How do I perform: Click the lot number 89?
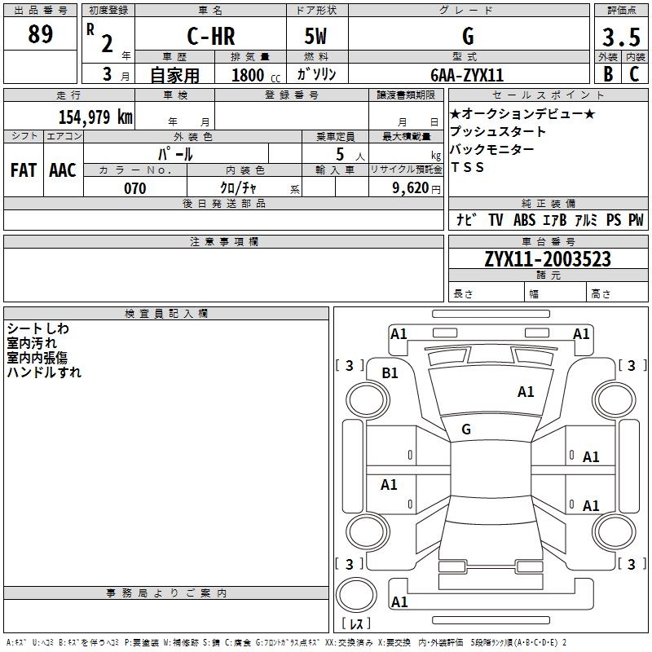click(40, 33)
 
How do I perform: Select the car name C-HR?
click(211, 36)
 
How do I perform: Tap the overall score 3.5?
click(621, 37)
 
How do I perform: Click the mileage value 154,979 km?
click(95, 117)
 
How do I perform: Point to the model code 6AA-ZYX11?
click(467, 75)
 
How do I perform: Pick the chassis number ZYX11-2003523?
click(548, 259)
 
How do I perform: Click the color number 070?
click(135, 188)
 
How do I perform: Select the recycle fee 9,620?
click(410, 188)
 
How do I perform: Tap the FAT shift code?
click(24, 170)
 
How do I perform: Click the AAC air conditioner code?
click(63, 170)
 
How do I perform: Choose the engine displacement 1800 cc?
click(256, 75)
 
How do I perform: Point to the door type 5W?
click(315, 36)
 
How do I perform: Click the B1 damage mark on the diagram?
click(390, 373)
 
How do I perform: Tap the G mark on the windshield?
click(466, 430)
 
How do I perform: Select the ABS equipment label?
click(524, 220)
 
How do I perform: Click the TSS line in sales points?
click(467, 167)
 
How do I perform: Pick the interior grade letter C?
click(634, 74)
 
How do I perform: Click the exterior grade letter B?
click(608, 74)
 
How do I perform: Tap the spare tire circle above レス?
click(356, 594)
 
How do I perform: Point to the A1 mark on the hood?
click(526, 392)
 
